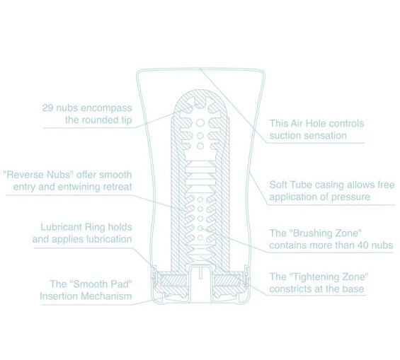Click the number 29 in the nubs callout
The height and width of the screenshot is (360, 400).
(x=47, y=108)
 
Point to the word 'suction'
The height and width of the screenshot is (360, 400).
(x=285, y=136)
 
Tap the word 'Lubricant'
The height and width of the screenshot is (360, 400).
(x=61, y=227)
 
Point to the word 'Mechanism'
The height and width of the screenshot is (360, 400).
(x=106, y=296)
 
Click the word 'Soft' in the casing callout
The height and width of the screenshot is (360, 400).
(x=278, y=185)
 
